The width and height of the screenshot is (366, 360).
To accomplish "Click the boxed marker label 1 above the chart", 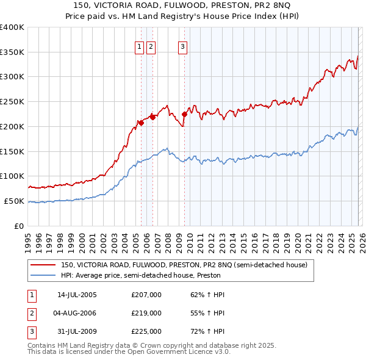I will [139, 46].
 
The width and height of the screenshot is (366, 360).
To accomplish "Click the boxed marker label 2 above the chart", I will [151, 46].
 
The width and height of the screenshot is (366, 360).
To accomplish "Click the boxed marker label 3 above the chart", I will [182, 46].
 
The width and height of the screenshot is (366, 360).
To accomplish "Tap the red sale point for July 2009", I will [184, 114].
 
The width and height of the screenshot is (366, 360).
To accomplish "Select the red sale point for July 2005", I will [141, 123].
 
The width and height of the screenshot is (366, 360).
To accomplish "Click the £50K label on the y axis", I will [15, 201].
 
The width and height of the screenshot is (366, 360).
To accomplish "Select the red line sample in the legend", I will [43, 265].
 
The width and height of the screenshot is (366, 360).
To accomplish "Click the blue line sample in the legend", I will [43, 275].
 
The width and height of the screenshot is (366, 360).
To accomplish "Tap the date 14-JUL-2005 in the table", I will [77, 295].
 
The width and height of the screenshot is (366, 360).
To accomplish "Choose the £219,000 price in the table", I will [146, 313].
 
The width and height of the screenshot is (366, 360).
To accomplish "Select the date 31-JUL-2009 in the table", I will [77, 331].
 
